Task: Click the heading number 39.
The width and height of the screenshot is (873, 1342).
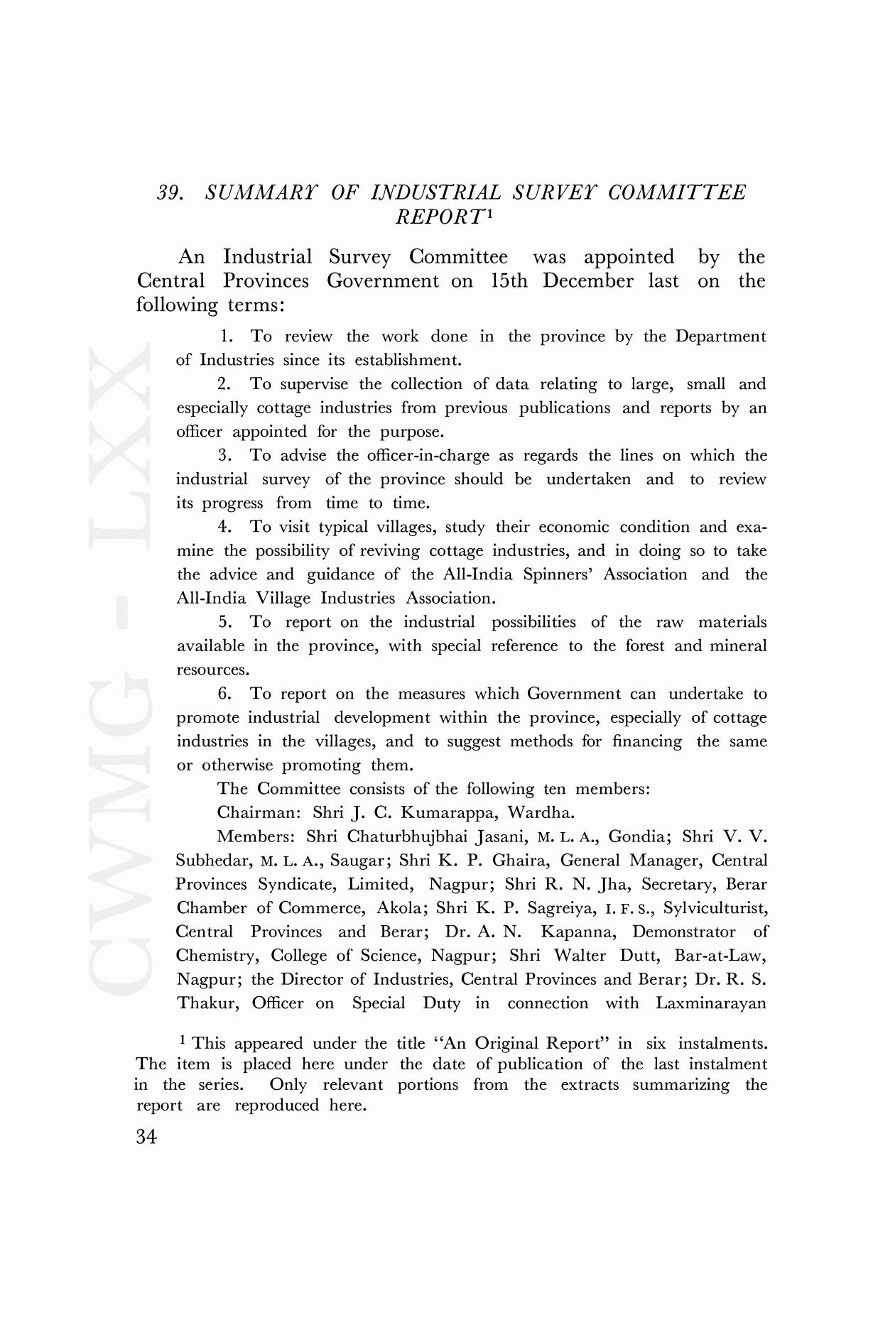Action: tap(170, 193)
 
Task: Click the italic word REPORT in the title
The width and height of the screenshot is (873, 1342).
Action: tap(440, 217)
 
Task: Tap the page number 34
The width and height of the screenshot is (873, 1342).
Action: tap(146, 1137)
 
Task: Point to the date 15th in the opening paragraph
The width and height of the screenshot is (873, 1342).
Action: tap(509, 281)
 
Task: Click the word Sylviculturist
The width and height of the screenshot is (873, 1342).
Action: tap(715, 908)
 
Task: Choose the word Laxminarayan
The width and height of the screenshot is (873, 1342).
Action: tap(711, 1003)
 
